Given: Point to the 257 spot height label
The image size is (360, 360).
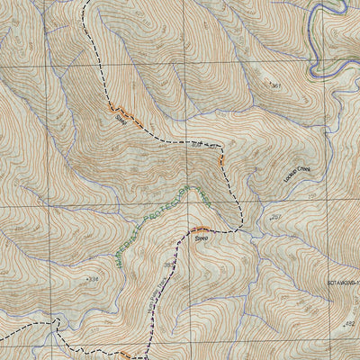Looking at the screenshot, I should pyautogui.click(x=275, y=218).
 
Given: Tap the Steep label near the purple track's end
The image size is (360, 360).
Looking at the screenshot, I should pyautogui.click(x=201, y=238).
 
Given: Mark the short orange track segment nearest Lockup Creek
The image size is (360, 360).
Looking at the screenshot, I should pyautogui.click(x=221, y=160).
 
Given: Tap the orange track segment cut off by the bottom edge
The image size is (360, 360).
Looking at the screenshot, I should pyautogui.click(x=125, y=355).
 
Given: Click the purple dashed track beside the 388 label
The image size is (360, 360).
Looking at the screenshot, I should pyautogui.click(x=175, y=270).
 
